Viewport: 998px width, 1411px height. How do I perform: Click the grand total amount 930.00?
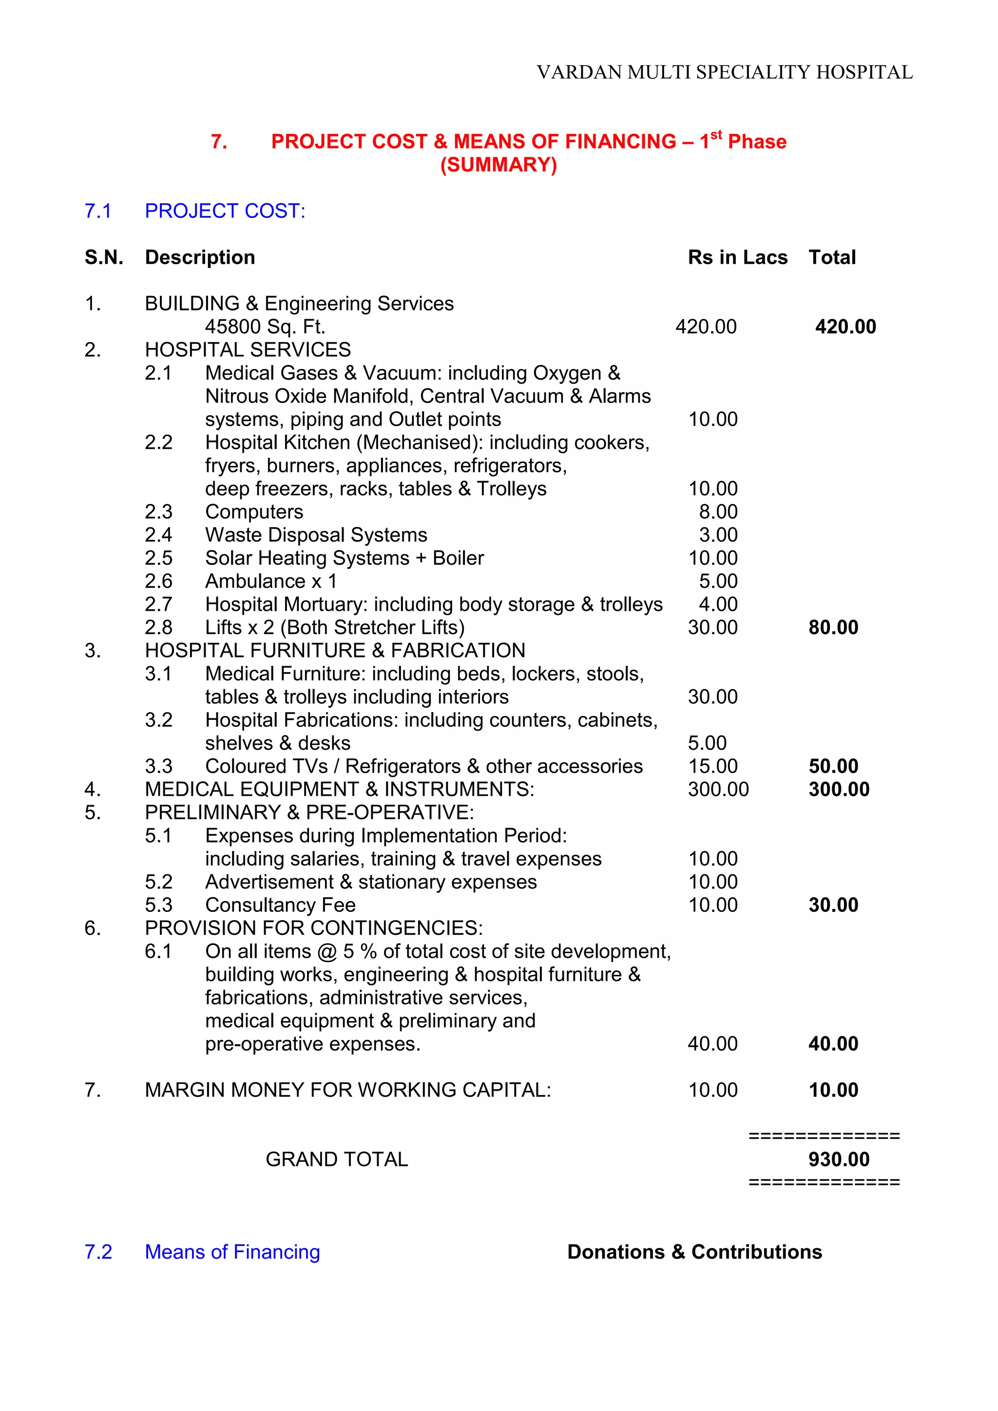[839, 1159]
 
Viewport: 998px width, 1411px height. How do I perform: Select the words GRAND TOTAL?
[337, 1159]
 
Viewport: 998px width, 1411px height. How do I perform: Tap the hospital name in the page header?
[725, 73]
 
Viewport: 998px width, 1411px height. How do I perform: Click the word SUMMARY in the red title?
[499, 165]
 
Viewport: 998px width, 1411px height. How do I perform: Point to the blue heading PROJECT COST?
[225, 211]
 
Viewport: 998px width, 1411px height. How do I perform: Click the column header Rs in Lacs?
[737, 257]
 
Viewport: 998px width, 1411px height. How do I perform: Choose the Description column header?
[200, 257]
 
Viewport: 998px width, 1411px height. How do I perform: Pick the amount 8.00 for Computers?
[718, 511]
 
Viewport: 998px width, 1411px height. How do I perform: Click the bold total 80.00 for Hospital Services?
[833, 627]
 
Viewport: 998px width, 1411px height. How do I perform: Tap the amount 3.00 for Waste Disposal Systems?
[718, 535]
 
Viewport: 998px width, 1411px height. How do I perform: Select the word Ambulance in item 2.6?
[255, 581]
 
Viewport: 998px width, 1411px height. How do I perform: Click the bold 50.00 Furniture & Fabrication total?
[833, 766]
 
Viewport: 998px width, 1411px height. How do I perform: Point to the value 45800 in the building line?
[230, 327]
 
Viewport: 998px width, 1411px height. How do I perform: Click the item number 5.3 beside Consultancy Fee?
[158, 905]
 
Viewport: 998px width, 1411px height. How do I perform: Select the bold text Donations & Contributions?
[694, 1252]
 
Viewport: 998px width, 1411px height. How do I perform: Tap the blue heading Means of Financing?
[232, 1252]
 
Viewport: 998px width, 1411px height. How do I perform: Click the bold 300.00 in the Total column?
[839, 789]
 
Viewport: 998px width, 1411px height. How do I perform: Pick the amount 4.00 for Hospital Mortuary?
[718, 604]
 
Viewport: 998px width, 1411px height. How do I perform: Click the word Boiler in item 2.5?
[459, 558]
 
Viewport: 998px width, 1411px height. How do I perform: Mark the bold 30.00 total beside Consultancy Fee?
[833, 905]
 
